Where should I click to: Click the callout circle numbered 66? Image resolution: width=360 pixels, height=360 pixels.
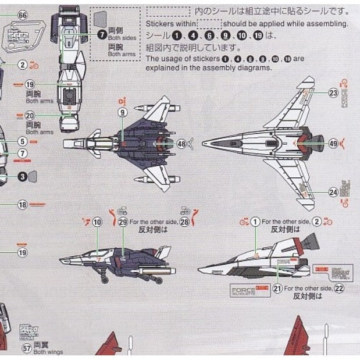23,15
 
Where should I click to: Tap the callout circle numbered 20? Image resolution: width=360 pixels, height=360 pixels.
30,116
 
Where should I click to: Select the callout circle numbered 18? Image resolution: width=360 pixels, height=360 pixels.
22,204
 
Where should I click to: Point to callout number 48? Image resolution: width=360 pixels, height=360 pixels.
182,143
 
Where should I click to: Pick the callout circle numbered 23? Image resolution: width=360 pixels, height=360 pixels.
333,92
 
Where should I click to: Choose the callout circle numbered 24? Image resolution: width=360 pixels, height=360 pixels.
333,192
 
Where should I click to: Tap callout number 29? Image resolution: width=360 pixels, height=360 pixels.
123,222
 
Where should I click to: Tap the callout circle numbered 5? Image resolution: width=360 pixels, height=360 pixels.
22,141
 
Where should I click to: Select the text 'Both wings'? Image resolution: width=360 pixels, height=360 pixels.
48,352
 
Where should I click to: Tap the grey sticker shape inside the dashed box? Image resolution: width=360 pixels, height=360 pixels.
101,20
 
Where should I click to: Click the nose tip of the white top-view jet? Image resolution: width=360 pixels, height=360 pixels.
204,142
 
